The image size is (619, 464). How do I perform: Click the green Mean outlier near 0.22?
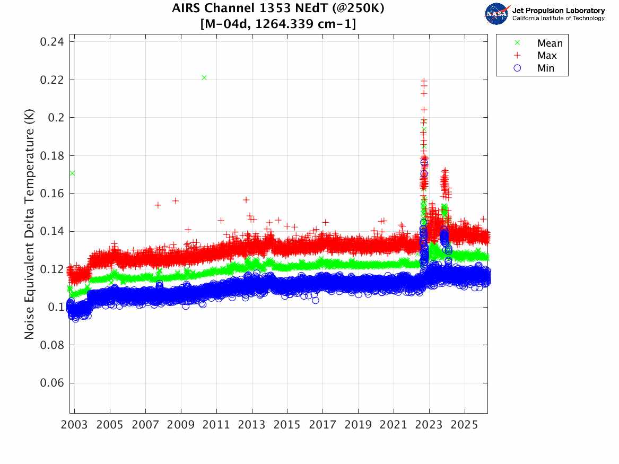coord(204,77)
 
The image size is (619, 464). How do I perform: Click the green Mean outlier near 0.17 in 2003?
coord(72,173)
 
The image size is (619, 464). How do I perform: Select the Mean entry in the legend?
coord(550,43)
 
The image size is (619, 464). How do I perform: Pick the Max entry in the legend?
coord(547,56)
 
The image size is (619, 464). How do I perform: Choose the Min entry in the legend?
coord(546,68)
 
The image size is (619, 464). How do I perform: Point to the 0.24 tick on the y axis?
coord(53,42)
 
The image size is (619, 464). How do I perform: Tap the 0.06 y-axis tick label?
coord(53,383)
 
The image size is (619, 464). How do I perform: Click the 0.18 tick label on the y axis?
coord(53,155)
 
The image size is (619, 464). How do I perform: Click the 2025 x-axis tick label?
coord(465,425)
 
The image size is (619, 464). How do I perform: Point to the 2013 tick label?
coord(252,425)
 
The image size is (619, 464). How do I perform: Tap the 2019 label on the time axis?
coord(358,425)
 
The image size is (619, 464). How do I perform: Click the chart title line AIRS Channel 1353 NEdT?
coord(278,9)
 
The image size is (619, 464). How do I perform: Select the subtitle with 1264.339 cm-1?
coord(278,24)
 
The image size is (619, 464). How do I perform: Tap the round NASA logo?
coord(496,14)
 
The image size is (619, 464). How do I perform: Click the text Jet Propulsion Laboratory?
coord(558,11)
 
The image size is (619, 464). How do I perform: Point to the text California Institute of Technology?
coord(558,19)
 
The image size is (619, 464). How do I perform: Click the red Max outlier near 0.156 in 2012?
coord(246,200)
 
